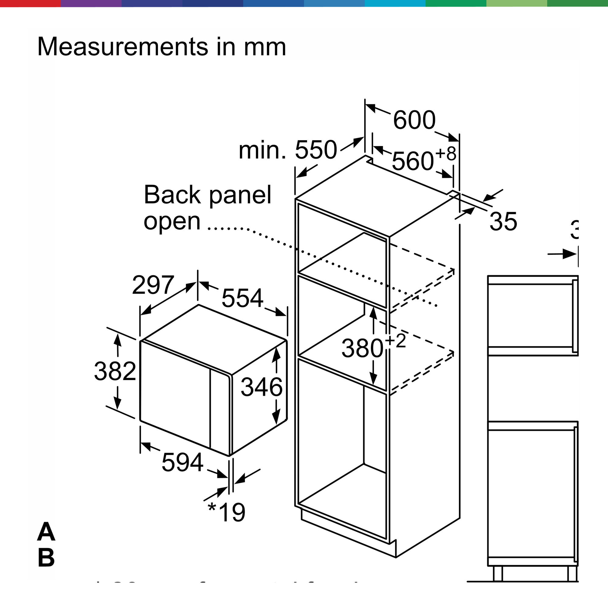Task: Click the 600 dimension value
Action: pyautogui.click(x=414, y=120)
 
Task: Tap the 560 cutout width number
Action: pyautogui.click(x=413, y=161)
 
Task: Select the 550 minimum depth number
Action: pyautogui.click(x=316, y=150)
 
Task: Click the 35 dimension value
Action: pyautogui.click(x=503, y=222)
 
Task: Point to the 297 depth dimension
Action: pyautogui.click(x=153, y=285)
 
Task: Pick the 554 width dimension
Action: pyautogui.click(x=242, y=298)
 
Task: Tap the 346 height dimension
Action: pyautogui.click(x=261, y=387)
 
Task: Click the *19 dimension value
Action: pyautogui.click(x=226, y=513)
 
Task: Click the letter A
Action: pyautogui.click(x=46, y=531)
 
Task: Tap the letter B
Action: pyautogui.click(x=46, y=558)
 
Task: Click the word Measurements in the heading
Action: pyautogui.click(x=123, y=47)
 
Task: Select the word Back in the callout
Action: pyautogui.click(x=172, y=195)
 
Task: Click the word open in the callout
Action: pyautogui.click(x=172, y=221)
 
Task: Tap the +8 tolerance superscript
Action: pyautogui.click(x=446, y=154)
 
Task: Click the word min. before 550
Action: pyautogui.click(x=262, y=150)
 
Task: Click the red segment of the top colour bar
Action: pyautogui.click(x=30, y=3)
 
